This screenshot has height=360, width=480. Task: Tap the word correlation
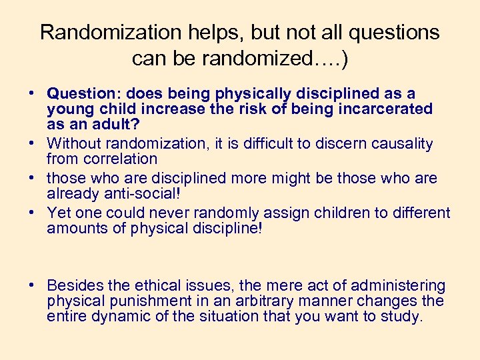(x=121, y=159)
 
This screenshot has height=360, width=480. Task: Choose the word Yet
(x=59, y=213)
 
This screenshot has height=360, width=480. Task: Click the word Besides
(x=76, y=285)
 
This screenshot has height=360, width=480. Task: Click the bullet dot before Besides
(x=32, y=285)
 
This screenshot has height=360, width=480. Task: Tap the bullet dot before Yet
(x=32, y=213)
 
